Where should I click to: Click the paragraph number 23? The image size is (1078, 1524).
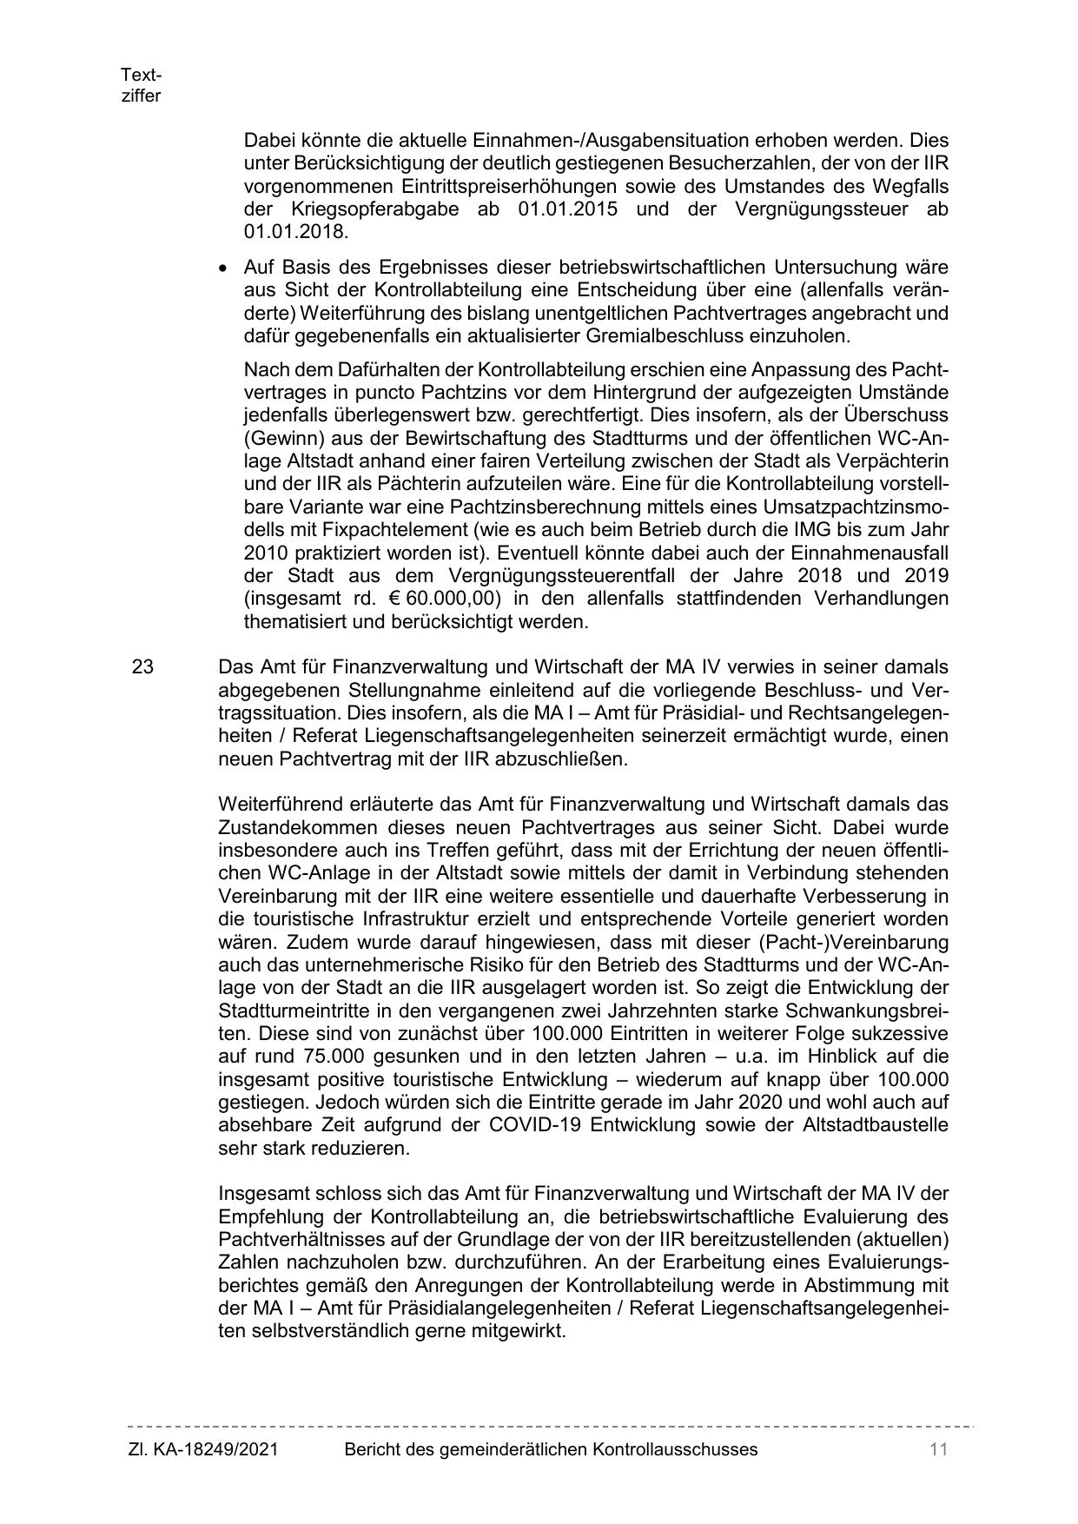pyautogui.click(x=142, y=667)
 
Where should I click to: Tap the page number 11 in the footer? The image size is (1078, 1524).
pyautogui.click(x=937, y=1449)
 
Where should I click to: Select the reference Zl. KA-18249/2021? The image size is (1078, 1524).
pyautogui.click(x=203, y=1449)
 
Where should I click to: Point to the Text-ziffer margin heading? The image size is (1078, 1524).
pyautogui.click(x=141, y=85)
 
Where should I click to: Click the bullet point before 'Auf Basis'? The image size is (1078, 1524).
pyautogui.click(x=225, y=268)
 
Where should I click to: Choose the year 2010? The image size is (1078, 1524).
pyautogui.click(x=265, y=553)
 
